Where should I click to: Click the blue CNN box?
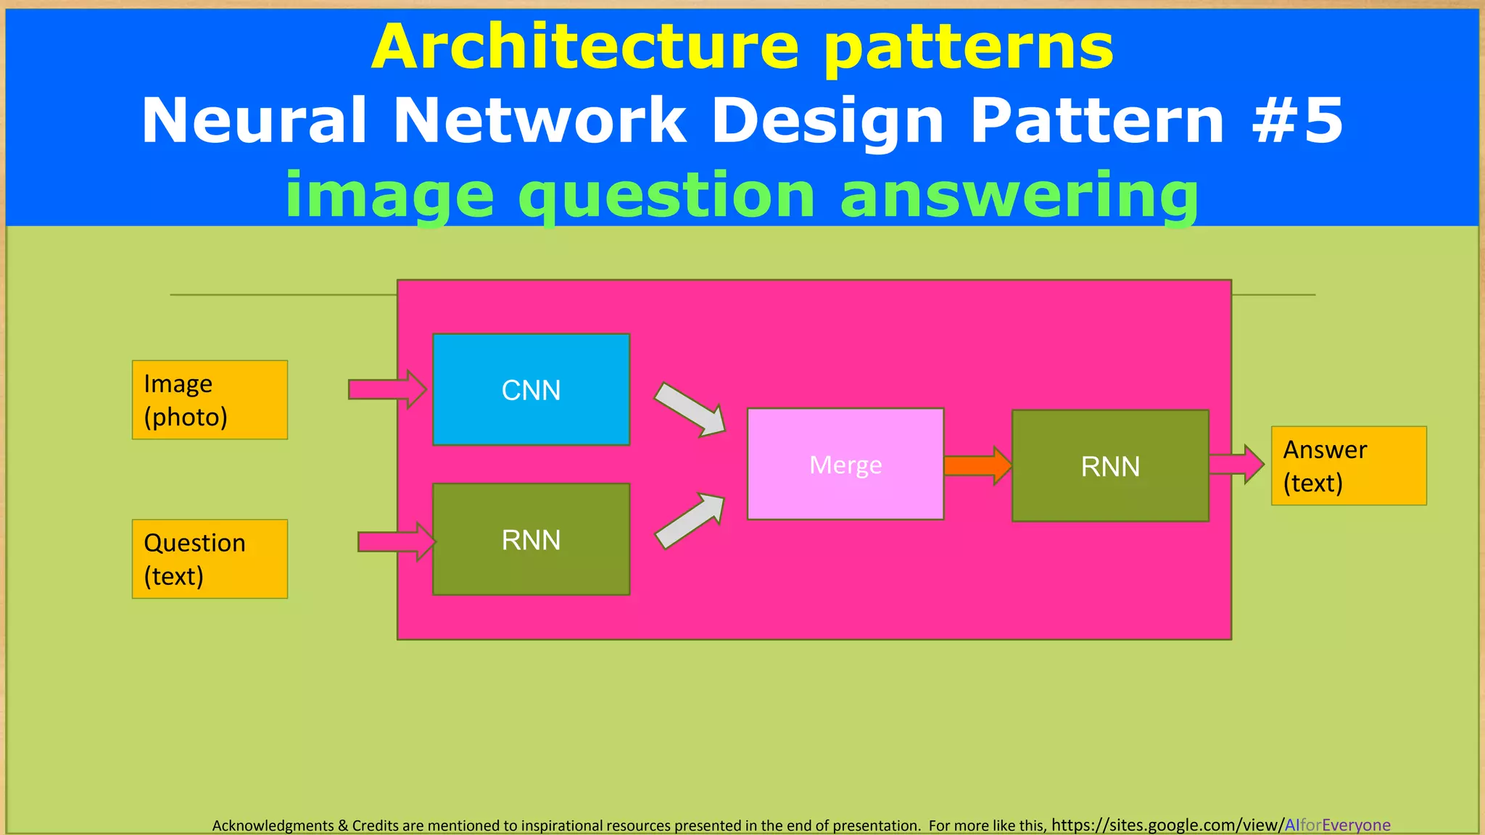pos(531,389)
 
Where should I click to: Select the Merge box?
pos(845,464)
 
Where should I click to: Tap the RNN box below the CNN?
pos(531,539)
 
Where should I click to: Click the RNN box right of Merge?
pos(1110,466)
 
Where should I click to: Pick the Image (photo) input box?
pos(210,399)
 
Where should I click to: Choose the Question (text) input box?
pos(210,559)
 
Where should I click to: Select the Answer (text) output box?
pos(1349,465)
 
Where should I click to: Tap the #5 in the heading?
pos(1298,120)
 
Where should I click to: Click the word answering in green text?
pos(1019,196)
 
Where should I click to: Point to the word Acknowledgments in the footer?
pos(273,826)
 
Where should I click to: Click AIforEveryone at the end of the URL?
pos(1337,825)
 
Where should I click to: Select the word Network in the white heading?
pos(539,120)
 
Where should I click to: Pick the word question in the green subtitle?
pos(667,196)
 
